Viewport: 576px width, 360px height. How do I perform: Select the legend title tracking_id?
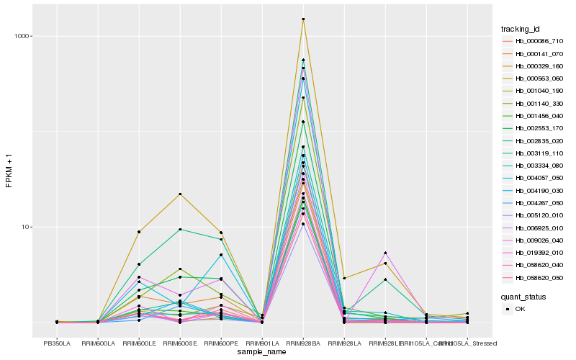[x=521, y=29]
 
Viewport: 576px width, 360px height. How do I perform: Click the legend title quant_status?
[x=523, y=296]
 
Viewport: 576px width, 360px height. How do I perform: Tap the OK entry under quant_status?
[x=520, y=309]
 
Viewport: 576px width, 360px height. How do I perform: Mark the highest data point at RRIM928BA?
[x=303, y=19]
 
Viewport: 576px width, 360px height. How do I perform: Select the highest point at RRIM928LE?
[x=386, y=253]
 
